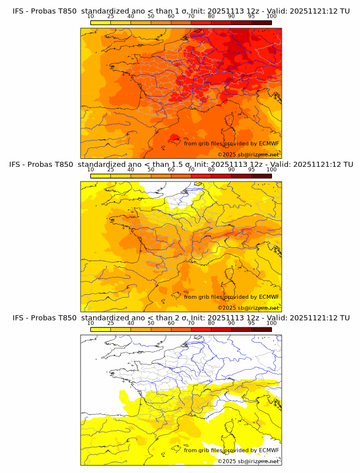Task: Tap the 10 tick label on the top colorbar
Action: pyautogui.click(x=90, y=16)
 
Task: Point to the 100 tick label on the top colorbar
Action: pyautogui.click(x=271, y=16)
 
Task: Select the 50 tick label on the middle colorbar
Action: pyautogui.click(x=151, y=170)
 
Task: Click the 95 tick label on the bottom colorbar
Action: pyautogui.click(x=251, y=323)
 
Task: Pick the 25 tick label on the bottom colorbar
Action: pyautogui.click(x=110, y=323)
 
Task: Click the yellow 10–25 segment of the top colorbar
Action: pyautogui.click(x=101, y=22)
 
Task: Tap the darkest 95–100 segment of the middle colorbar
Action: pyautogui.click(x=261, y=176)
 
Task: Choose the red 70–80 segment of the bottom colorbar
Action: pyautogui.click(x=201, y=329)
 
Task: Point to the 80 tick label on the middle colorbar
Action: pyautogui.click(x=211, y=170)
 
